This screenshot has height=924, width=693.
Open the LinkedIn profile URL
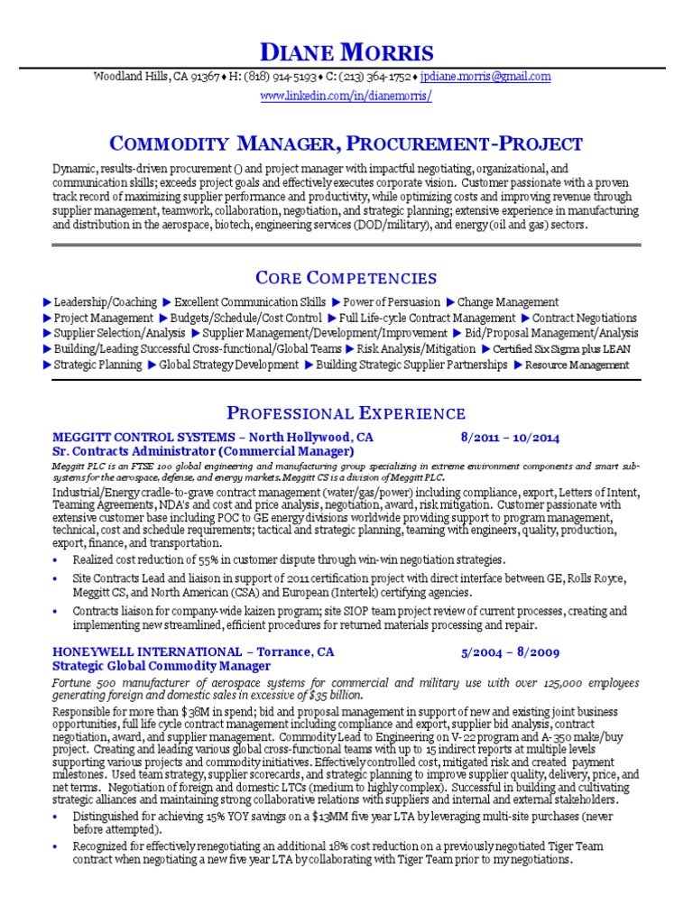coord(346,95)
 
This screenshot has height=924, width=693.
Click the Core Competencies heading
coord(346,277)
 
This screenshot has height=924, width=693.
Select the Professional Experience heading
coord(346,414)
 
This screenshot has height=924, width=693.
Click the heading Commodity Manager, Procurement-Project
coord(346,143)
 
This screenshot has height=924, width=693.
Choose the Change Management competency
coord(507,302)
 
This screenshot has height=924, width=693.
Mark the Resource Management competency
coord(577,365)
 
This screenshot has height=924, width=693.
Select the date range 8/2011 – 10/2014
coord(510,438)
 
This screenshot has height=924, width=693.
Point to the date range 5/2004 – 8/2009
coord(510,651)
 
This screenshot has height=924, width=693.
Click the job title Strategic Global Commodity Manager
coord(162,666)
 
